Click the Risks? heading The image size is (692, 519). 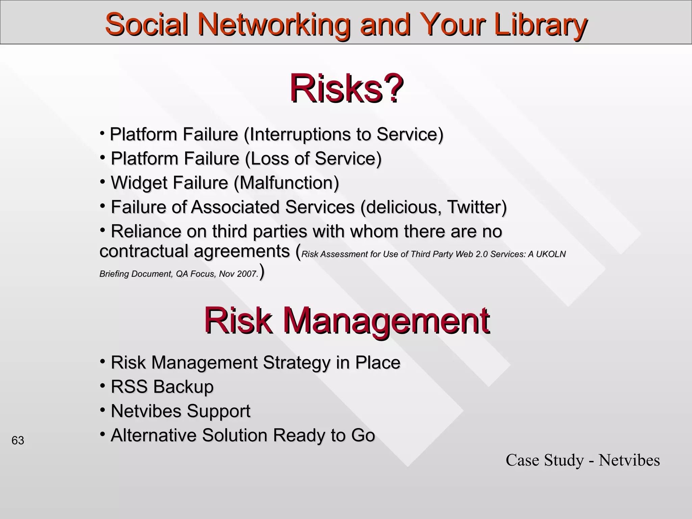coord(346,89)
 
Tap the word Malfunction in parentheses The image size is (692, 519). coord(286,183)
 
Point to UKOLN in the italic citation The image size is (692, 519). coord(551,254)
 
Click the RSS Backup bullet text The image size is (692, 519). coord(162,387)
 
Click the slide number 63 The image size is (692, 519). coord(18,441)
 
